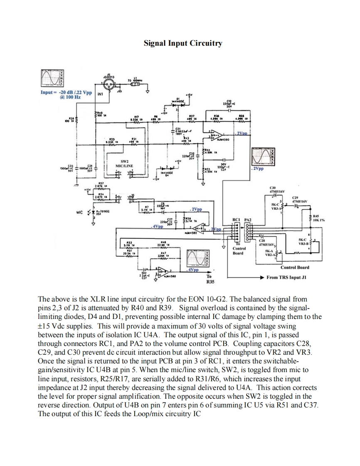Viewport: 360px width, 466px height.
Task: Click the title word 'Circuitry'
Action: point(205,43)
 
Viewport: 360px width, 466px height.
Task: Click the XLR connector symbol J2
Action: point(111,85)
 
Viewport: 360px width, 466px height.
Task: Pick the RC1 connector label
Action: point(237,219)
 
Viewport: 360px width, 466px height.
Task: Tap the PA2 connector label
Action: point(248,219)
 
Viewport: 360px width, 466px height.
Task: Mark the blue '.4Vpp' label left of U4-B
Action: point(157,227)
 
